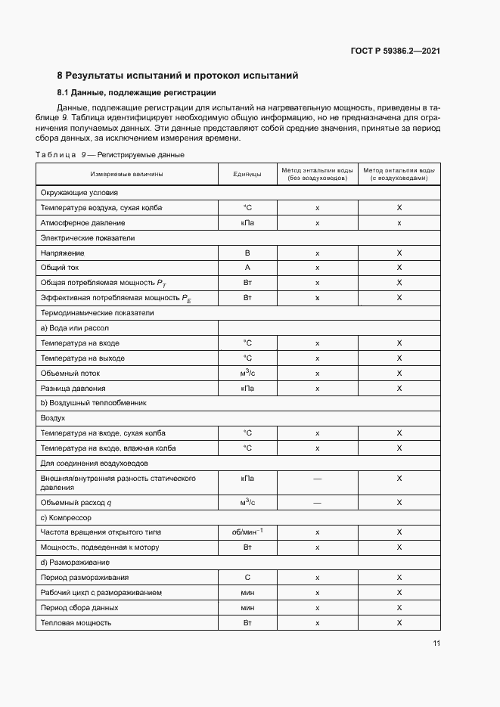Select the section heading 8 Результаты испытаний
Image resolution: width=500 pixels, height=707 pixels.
178,76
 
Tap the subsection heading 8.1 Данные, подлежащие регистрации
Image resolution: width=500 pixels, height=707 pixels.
137,93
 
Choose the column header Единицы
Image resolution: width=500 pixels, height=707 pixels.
247,174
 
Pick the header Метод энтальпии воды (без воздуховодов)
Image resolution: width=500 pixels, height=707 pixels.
317,174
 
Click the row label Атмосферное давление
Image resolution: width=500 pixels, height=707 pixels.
82,223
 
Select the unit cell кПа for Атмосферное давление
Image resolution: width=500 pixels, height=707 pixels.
247,223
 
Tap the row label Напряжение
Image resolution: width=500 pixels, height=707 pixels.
63,253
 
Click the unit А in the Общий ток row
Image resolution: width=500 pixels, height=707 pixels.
247,268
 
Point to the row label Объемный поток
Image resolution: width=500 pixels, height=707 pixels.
70,373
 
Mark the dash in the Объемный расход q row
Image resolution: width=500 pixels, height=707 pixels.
317,502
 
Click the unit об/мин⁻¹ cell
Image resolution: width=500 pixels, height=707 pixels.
247,532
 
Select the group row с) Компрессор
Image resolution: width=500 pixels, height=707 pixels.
65,517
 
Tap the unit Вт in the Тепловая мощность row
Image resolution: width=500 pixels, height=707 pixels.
247,622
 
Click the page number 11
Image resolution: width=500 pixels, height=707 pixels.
436,643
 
